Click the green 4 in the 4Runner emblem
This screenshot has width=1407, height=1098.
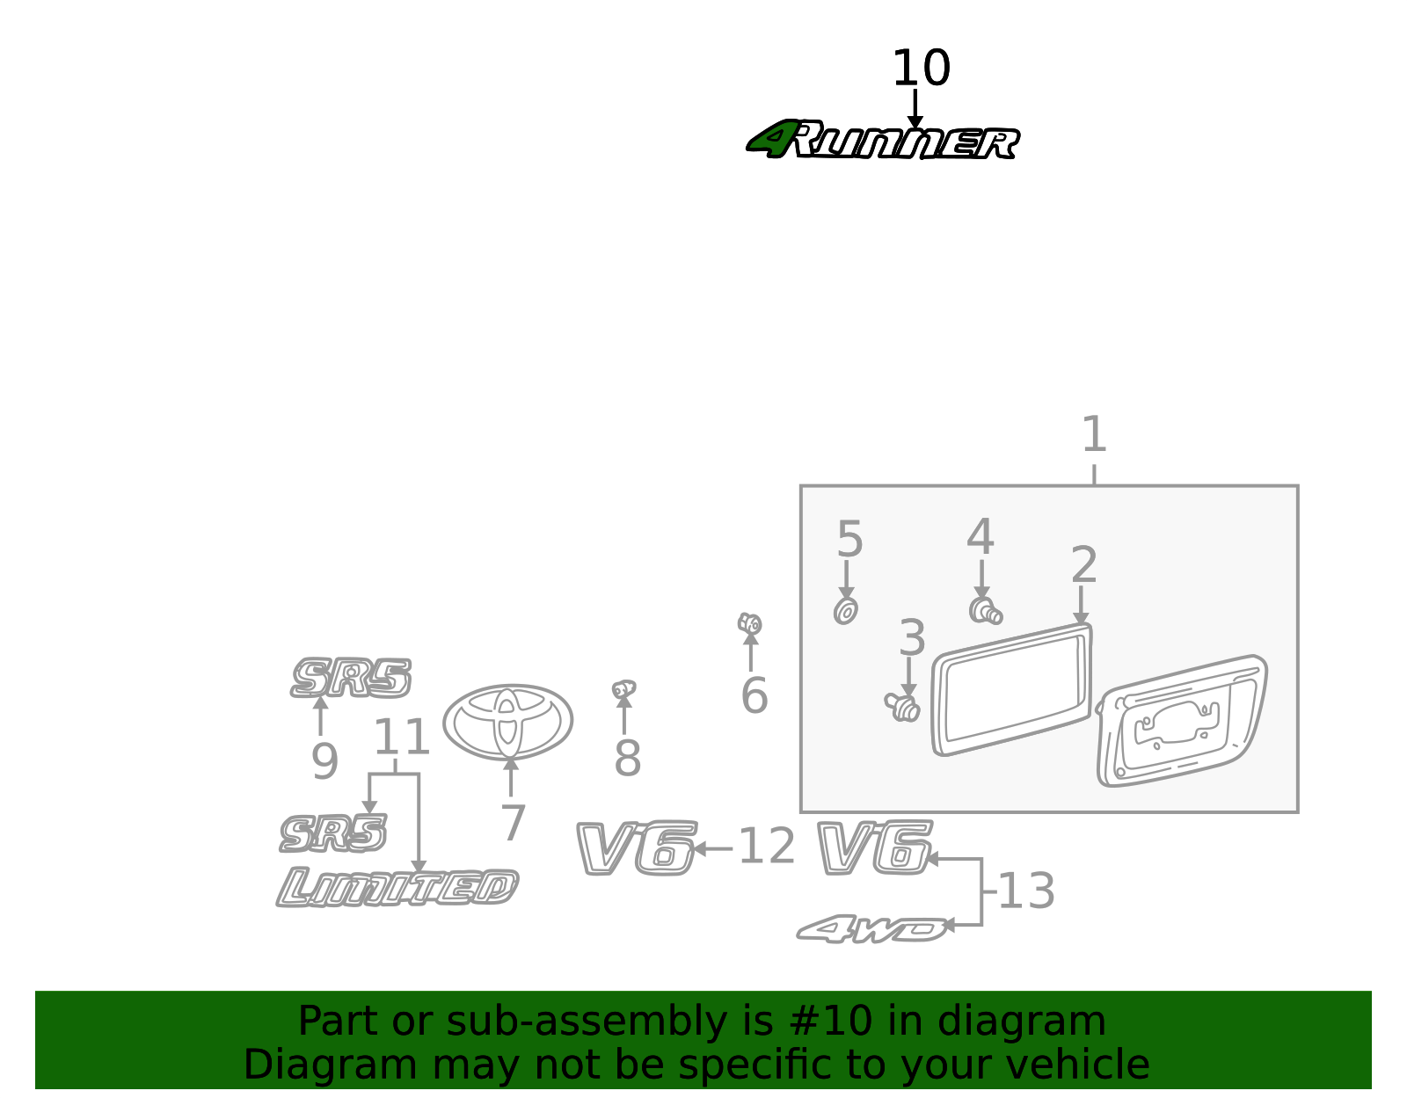click(x=770, y=139)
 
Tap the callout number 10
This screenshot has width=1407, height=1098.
click(x=922, y=68)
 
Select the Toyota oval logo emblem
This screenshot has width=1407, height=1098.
click(x=508, y=722)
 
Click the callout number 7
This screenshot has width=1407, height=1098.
click(x=513, y=823)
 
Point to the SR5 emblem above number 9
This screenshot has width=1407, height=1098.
click(x=351, y=678)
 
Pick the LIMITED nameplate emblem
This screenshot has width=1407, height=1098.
click(x=397, y=887)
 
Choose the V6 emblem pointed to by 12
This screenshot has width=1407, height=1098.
click(x=637, y=847)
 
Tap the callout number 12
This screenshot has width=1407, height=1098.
click(x=767, y=846)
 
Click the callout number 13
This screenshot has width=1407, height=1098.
click(x=1027, y=891)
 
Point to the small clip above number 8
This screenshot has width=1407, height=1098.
click(x=623, y=689)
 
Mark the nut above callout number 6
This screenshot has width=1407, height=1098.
click(x=750, y=623)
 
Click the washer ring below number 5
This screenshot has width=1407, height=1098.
click(x=846, y=612)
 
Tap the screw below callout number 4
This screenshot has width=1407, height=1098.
click(x=986, y=612)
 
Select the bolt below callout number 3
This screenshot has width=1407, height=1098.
click(x=902, y=707)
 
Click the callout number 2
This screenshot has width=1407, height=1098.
click(x=1084, y=565)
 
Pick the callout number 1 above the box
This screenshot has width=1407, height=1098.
click(x=1094, y=434)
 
